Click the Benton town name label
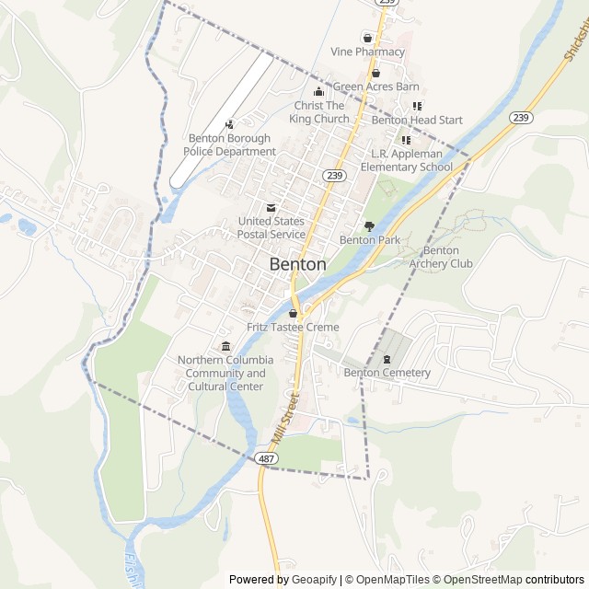[297, 264]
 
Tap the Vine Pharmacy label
[367, 52]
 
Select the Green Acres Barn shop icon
[375, 73]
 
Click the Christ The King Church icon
[319, 91]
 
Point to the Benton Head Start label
[417, 120]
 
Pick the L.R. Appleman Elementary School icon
[406, 140]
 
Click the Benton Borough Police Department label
[229, 144]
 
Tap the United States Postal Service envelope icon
[271, 207]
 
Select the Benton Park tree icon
[369, 225]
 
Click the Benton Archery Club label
[441, 257]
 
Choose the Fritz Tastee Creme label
[293, 327]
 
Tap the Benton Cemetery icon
[387, 358]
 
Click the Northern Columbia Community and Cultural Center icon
[225, 345]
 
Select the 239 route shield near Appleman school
[521, 117]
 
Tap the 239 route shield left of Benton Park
[333, 174]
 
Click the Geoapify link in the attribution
[315, 580]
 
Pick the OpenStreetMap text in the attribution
[484, 580]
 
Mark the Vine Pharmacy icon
[367, 38]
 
